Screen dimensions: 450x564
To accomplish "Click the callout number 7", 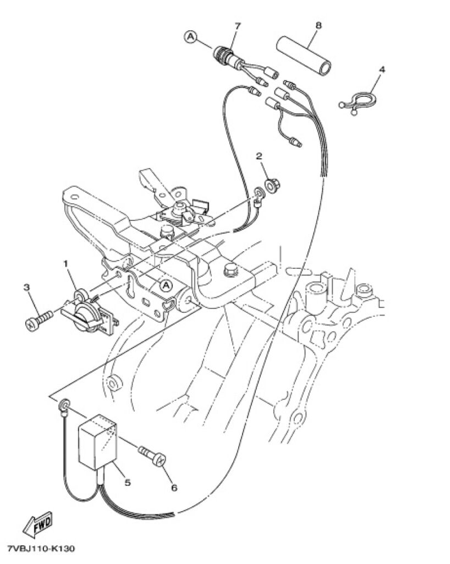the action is tap(238, 26).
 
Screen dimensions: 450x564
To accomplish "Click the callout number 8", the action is tap(318, 25).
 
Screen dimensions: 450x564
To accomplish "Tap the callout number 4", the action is tap(381, 69).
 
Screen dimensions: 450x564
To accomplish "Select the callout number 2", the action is tap(259, 156).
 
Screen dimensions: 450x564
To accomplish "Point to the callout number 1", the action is tap(65, 264).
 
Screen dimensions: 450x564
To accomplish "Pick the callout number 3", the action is tap(27, 288).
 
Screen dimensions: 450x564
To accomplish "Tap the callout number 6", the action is tap(174, 487).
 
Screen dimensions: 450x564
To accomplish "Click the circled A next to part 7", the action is tap(191, 36).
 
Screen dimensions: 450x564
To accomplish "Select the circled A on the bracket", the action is tap(166, 286).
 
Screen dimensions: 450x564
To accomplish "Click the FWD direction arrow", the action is tap(37, 524).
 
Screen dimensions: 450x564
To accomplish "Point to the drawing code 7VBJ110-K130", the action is tap(39, 549).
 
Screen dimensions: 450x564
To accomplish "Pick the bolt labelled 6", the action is tap(152, 455).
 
